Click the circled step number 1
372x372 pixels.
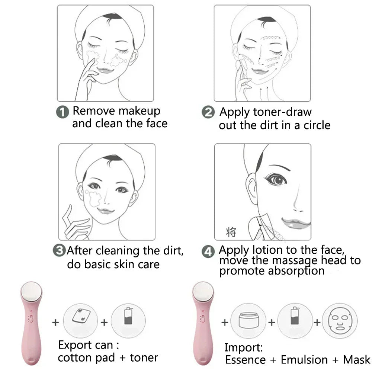(x=63, y=112)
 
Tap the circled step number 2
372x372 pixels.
(x=208, y=112)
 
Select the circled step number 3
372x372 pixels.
(x=60, y=250)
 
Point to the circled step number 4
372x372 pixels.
(x=208, y=252)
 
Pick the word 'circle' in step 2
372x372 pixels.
(x=312, y=125)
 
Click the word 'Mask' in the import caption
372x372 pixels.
(x=356, y=360)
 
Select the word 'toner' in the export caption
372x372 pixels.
(x=144, y=358)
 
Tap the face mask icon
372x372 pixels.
(x=339, y=320)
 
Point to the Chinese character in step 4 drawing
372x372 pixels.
(x=231, y=232)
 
